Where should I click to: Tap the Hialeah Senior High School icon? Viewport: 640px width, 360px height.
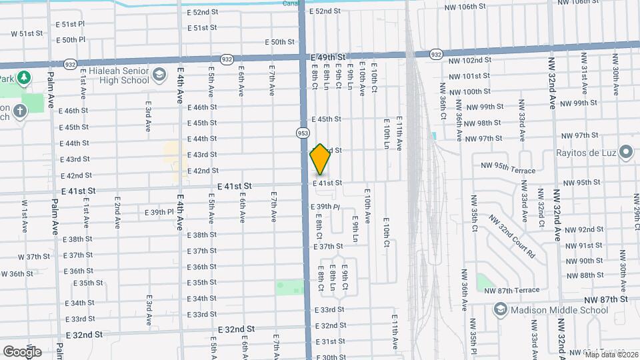point(159,75)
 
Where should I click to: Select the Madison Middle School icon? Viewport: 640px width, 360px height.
point(500,309)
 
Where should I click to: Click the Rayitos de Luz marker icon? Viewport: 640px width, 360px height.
point(625,153)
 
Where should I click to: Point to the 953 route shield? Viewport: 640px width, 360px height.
point(303,133)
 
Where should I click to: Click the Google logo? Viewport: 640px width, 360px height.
point(22,351)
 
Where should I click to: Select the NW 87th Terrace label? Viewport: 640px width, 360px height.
point(511,290)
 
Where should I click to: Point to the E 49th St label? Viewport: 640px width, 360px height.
point(328,58)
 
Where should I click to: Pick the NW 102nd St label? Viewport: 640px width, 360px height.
point(471,60)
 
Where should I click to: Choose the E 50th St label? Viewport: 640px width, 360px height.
point(279,42)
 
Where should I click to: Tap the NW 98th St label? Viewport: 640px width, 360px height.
point(483,123)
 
